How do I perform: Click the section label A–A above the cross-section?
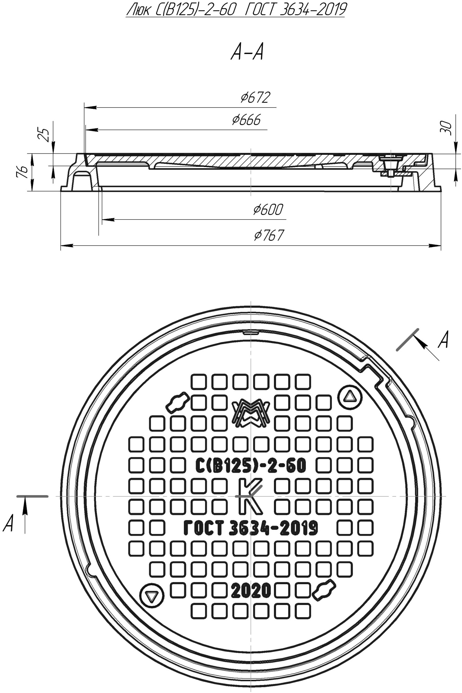coord(247,53)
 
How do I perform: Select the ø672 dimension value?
coord(255,98)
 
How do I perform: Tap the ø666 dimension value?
coord(246,120)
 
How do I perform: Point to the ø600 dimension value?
coord(268,210)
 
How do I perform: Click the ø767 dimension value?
coord(269,235)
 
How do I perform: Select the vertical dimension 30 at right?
coord(447,128)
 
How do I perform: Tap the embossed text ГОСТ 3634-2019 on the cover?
coord(250,528)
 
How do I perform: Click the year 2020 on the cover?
coord(251,591)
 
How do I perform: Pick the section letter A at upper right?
coord(443,340)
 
